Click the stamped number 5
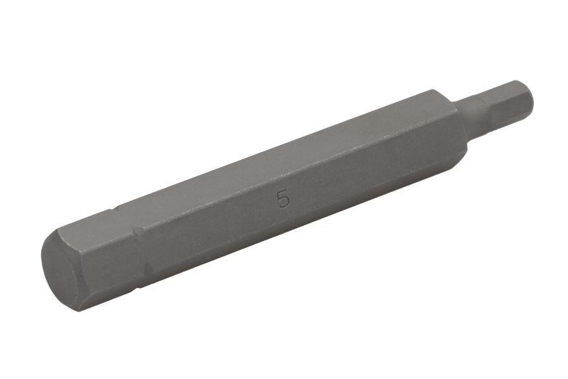coord(283,200)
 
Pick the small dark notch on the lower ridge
coord(148,269)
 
